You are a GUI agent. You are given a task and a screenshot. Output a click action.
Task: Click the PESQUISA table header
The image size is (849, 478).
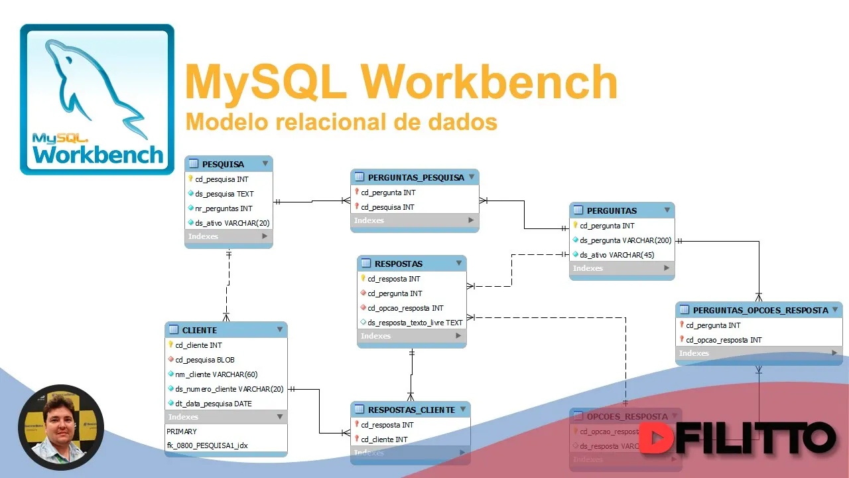click(223, 164)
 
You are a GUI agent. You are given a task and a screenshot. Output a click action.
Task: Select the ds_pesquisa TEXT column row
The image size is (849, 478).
click(224, 194)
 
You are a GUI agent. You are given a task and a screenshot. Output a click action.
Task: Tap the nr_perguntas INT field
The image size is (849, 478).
click(224, 208)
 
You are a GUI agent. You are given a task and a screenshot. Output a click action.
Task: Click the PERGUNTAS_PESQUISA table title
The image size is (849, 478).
click(416, 177)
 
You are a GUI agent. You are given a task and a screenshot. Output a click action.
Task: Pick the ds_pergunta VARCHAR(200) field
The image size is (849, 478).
click(625, 240)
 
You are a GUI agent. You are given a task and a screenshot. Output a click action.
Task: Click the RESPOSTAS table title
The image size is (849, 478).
click(398, 264)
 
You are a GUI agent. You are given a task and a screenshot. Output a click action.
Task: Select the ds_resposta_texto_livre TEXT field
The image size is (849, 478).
click(415, 323)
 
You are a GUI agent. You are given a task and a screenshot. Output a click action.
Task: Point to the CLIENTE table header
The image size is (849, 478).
click(200, 330)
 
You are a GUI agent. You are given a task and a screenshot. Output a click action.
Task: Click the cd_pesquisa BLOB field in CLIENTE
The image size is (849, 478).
click(205, 360)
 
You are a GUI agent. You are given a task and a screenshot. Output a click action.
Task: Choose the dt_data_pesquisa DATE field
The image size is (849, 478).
click(214, 404)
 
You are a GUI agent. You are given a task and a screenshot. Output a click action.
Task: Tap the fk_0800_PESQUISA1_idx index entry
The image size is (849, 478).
click(207, 445)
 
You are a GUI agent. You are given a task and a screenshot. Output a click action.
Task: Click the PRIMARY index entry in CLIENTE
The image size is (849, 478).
click(182, 432)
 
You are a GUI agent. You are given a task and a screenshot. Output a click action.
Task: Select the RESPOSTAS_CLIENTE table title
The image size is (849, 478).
click(411, 410)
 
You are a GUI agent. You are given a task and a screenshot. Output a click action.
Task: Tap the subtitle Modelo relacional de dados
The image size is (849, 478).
click(341, 122)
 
